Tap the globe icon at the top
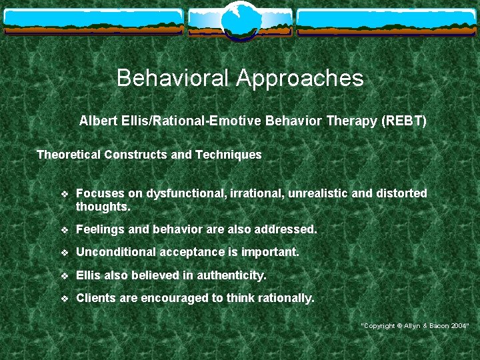pyautogui.click(x=240, y=19)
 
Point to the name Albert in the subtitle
pyautogui.click(x=97, y=121)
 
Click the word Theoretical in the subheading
pyautogui.click(x=68, y=155)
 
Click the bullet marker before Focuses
pyautogui.click(x=64, y=194)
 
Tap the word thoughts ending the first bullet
pyautogui.click(x=102, y=207)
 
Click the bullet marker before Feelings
pyautogui.click(x=64, y=230)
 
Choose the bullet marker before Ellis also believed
pyautogui.click(x=64, y=276)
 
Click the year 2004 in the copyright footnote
pyautogui.click(x=459, y=325)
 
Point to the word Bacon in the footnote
pyautogui.click(x=438, y=325)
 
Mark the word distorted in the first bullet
pyautogui.click(x=401, y=193)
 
